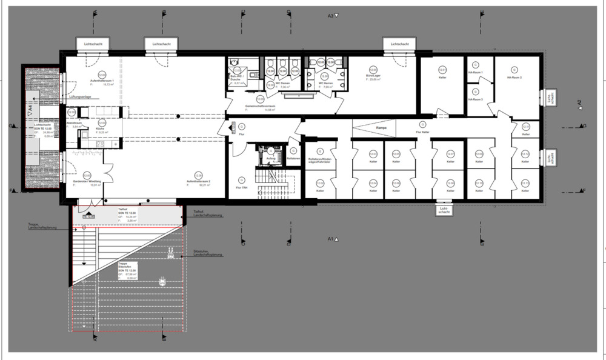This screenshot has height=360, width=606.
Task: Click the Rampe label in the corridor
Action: pos(381,128)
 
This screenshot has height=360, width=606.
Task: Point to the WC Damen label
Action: pos(283,84)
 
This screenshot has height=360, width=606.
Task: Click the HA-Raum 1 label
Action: pos(476,72)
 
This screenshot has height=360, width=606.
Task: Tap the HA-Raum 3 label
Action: pos(476,99)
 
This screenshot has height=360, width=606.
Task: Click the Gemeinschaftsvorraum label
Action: pos(261,107)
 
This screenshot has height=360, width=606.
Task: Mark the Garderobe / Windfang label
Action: pos(87,182)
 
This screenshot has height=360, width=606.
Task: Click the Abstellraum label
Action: pos(73,123)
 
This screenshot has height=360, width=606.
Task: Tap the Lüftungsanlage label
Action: pos(80,96)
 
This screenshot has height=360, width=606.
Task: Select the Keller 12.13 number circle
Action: pos(525,182)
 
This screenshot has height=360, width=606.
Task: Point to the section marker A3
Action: pos(331,16)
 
